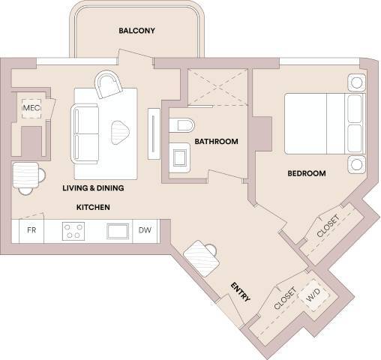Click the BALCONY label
[136, 31]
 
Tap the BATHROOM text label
[216, 141]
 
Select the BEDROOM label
[307, 173]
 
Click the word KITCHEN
[93, 206]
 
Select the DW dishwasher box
[145, 231]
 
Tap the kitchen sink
[118, 231]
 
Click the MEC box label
[31, 109]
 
